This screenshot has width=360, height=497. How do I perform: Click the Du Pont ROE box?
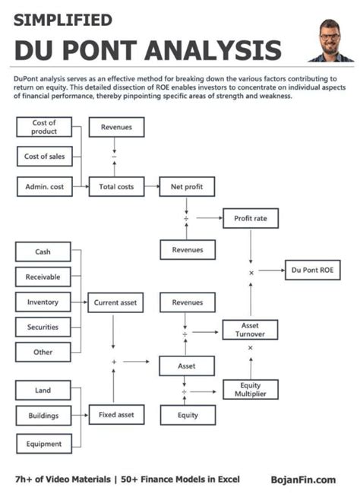(x=311, y=270)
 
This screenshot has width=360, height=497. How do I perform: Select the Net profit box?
(x=187, y=186)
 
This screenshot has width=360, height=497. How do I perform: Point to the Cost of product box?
(x=43, y=128)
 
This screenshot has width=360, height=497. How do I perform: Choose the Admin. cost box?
(x=43, y=186)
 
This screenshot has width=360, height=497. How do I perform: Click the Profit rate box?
(x=250, y=219)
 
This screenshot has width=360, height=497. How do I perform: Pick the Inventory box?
(x=43, y=302)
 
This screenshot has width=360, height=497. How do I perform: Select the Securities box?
(x=43, y=328)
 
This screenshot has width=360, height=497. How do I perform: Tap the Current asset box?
(x=115, y=302)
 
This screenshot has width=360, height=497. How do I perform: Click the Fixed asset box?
(x=115, y=416)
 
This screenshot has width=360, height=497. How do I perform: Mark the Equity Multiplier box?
(x=250, y=390)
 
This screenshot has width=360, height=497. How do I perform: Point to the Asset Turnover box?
(x=250, y=329)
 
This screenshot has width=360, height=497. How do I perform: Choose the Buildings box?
(x=43, y=416)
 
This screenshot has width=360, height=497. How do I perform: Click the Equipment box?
(x=43, y=443)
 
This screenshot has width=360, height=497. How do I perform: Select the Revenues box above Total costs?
(x=116, y=128)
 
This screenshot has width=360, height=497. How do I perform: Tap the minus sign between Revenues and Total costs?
(x=115, y=157)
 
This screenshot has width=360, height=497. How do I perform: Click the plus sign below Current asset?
(x=114, y=362)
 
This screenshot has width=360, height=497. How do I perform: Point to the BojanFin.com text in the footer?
(x=303, y=480)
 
